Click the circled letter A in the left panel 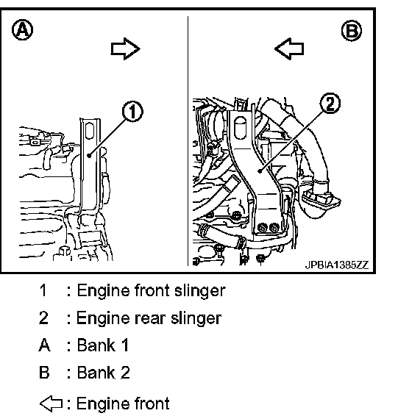(x=23, y=29)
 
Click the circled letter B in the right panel (x=352, y=31)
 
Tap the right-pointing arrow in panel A (x=125, y=49)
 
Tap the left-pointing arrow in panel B (x=289, y=49)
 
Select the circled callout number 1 (x=132, y=112)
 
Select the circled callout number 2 (x=330, y=103)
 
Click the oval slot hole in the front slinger (x=90, y=131)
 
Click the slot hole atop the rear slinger (x=241, y=128)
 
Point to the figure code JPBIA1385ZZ (x=337, y=265)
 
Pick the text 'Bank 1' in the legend (x=103, y=345)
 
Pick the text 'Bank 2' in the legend (x=103, y=373)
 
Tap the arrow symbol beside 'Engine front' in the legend (x=51, y=404)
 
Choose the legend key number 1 (x=43, y=290)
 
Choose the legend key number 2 (x=43, y=318)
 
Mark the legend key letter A (x=44, y=345)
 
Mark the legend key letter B (x=44, y=373)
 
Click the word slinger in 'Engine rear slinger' (x=196, y=318)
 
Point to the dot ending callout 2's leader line (x=260, y=171)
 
